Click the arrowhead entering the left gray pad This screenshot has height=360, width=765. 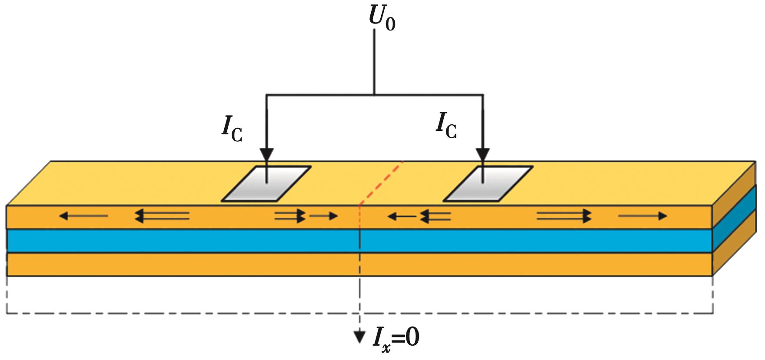point(267,154)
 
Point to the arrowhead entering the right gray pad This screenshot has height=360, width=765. point(482,154)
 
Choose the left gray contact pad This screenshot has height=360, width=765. point(266,184)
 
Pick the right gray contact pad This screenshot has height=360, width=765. point(487,184)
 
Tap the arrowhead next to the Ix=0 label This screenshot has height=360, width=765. point(359,337)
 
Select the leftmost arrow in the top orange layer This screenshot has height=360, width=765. point(83,216)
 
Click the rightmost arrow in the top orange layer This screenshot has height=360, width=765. point(642,216)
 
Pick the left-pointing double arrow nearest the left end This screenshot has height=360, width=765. point(162,216)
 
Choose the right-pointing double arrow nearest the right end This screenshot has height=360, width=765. point(564,216)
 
